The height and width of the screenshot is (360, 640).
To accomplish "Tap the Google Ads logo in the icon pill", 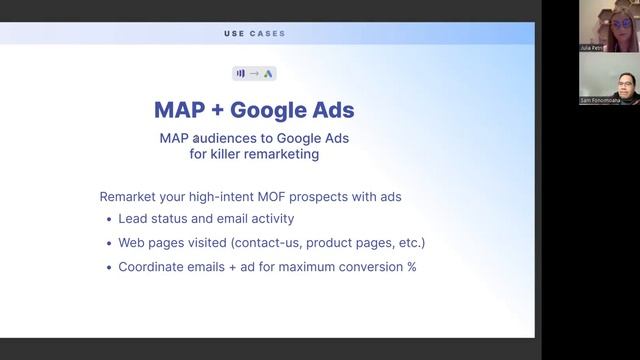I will coord(268,73).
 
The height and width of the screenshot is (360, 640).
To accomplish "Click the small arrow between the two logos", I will coord(254,73).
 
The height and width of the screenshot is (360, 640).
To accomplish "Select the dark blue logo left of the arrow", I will coord(240,73).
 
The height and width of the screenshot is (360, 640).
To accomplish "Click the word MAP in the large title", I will coord(180,108).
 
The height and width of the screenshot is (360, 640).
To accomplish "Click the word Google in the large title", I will coord(270,108).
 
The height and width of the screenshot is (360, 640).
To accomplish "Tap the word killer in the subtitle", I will coord(236,155).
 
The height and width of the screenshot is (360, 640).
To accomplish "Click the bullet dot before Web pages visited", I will coord(108,244).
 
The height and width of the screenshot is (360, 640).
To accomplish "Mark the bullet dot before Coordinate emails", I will coord(108,268).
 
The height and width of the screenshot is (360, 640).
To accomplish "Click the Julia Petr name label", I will coord(592,47).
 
